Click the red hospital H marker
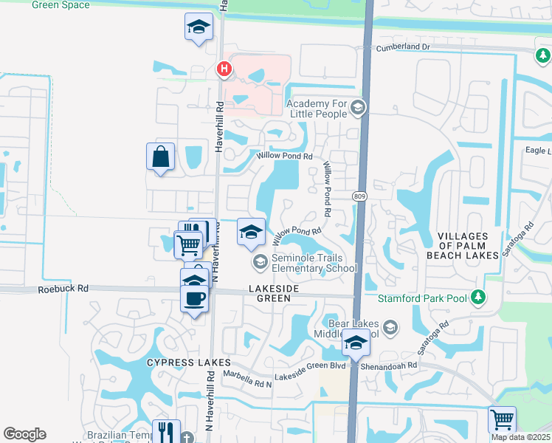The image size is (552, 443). pos(224,69)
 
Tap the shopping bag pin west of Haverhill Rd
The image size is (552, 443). pos(160,157)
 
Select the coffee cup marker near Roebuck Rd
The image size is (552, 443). pos(195,299)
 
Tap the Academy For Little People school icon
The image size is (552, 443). pos(358,109)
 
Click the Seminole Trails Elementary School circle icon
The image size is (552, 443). pos(260,261)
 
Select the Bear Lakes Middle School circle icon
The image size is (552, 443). pos(390,327)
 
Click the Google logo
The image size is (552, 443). pos(24,434)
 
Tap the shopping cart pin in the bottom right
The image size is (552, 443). pos(502,419)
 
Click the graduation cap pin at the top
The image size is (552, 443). pos(197,28)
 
